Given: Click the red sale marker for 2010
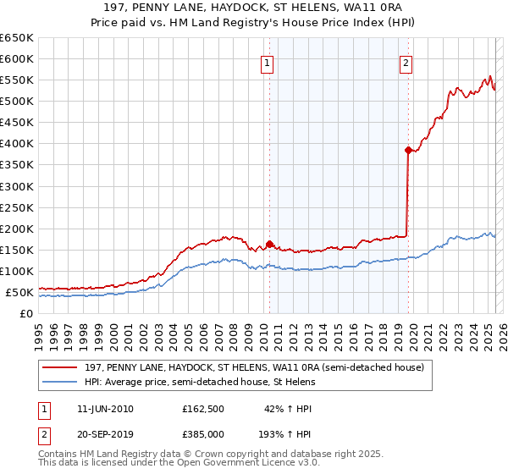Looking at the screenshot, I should pyautogui.click(x=269, y=244).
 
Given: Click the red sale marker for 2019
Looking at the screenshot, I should pyautogui.click(x=408, y=150).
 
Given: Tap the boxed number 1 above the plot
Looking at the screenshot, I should pyautogui.click(x=268, y=63).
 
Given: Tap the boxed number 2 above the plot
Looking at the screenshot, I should pyautogui.click(x=406, y=63).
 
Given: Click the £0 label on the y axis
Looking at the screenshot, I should pyautogui.click(x=27, y=313).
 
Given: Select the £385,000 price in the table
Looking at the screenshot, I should pyautogui.click(x=203, y=433).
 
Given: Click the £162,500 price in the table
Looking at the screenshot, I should pyautogui.click(x=203, y=409).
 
